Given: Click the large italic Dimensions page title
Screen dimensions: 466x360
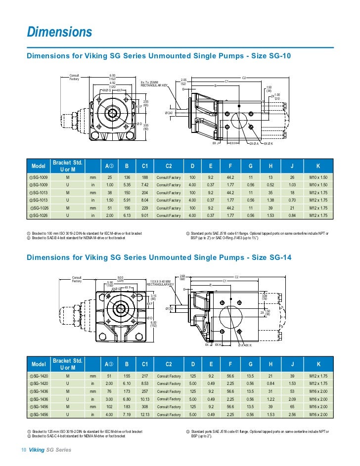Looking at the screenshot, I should coord(59,33).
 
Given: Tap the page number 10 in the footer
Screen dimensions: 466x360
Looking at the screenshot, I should coord(23,450).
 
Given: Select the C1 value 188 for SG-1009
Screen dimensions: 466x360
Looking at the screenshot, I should coord(145,177).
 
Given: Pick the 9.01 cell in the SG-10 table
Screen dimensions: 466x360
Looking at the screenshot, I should coord(145,215).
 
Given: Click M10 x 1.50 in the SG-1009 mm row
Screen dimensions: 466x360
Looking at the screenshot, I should coord(318,177).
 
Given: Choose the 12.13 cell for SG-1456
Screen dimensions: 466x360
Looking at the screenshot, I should coord(145,415).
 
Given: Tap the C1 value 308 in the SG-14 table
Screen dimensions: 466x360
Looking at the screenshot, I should coord(145,407).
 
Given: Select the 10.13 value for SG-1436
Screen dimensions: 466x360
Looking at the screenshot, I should coord(145,399).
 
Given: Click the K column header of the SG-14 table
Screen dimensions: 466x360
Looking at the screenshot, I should coord(318,364).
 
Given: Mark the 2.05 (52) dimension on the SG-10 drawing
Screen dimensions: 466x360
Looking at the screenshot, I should coord(183,81).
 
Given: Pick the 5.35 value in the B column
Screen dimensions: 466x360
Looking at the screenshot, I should coord(127,185).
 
